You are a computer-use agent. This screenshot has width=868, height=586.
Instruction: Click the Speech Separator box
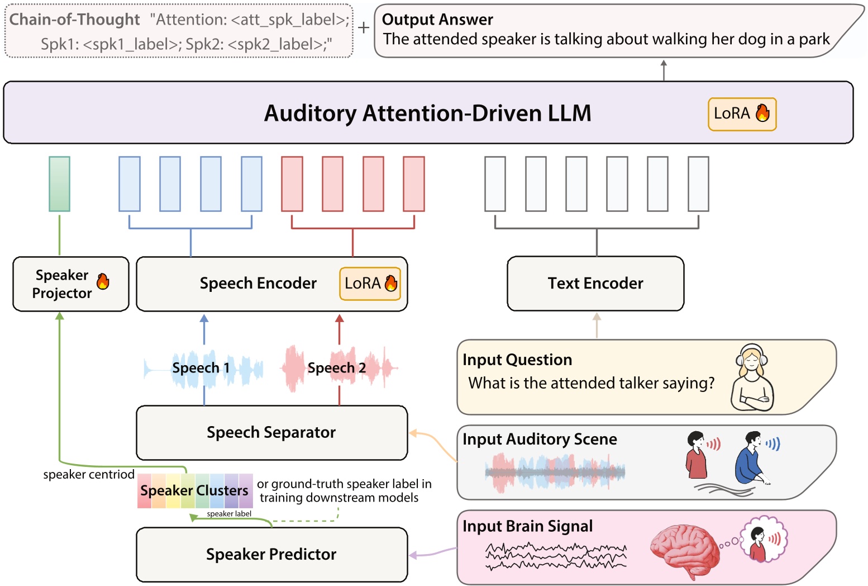click(x=271, y=432)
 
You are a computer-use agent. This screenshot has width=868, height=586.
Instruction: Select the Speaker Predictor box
click(x=271, y=554)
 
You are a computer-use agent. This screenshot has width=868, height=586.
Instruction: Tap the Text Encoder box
click(x=595, y=283)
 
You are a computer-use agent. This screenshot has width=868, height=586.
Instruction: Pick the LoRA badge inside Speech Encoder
click(x=370, y=283)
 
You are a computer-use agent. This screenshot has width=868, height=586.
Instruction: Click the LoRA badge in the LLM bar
click(x=742, y=114)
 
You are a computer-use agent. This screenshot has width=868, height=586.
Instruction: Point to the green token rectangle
click(x=59, y=183)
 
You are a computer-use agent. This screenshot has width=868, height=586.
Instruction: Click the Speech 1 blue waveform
click(x=204, y=368)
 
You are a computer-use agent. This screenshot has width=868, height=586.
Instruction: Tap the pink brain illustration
click(x=685, y=551)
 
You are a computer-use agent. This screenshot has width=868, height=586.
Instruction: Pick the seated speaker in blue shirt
click(x=751, y=459)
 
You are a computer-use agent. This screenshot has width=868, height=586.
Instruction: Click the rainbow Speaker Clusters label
click(x=194, y=490)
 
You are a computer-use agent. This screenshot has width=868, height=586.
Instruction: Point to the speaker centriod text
click(x=88, y=475)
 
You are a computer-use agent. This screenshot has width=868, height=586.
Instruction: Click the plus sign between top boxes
click(x=364, y=27)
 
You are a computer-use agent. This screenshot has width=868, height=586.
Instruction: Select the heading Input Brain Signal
click(x=527, y=526)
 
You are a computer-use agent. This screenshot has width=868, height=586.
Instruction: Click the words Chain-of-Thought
click(x=74, y=20)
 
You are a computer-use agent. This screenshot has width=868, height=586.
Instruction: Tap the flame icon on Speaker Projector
click(x=103, y=281)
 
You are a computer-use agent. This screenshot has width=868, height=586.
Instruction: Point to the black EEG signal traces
click(x=556, y=556)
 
